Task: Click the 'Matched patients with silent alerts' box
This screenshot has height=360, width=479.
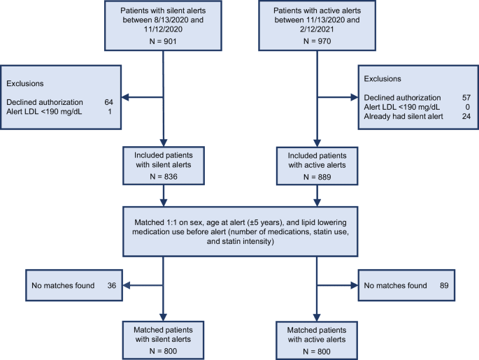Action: pos(163,334)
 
